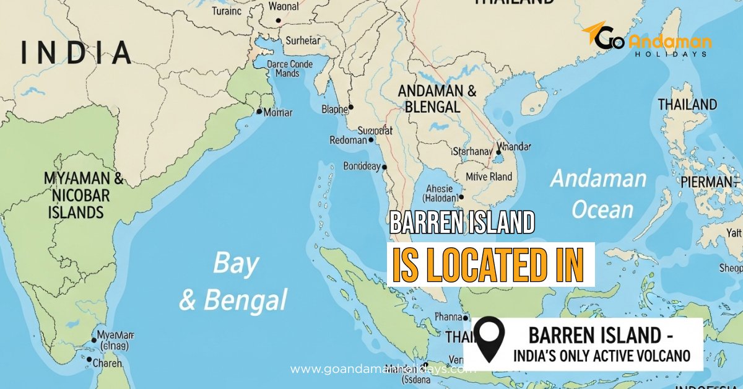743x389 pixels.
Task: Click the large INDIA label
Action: click(x=76, y=52)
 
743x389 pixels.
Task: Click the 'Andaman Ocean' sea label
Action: click(x=599, y=194)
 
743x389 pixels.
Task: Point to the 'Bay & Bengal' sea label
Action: click(x=234, y=282)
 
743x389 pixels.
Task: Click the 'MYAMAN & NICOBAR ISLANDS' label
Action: click(x=83, y=196)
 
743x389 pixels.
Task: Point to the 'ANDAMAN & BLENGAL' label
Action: click(x=437, y=98)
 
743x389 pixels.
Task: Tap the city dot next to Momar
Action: click(x=259, y=111)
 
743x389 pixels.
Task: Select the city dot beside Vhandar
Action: click(x=498, y=152)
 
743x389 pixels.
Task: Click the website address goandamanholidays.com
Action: click(x=383, y=369)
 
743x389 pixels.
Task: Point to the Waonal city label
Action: click(x=283, y=7)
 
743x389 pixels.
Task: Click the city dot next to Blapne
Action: click(x=350, y=107)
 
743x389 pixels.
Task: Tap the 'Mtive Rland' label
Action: click(x=489, y=177)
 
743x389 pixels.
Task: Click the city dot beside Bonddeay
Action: click(x=385, y=167)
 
